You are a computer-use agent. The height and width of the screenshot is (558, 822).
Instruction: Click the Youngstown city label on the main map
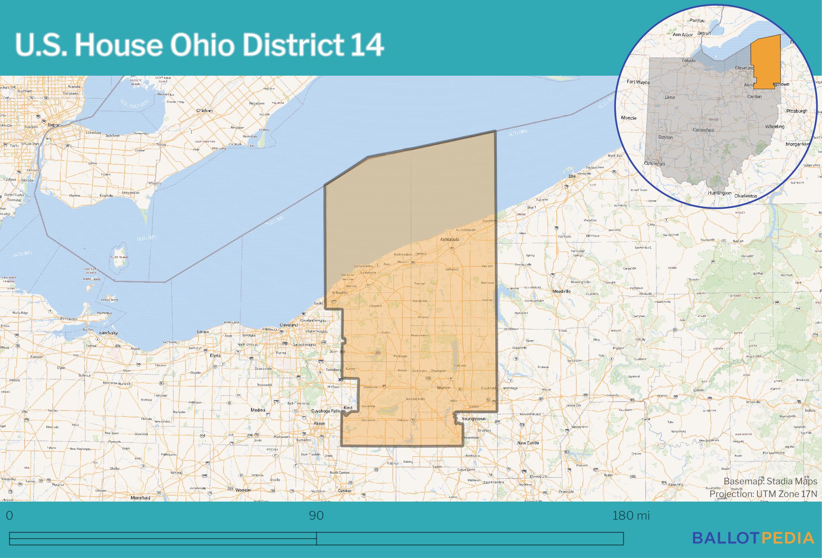[473, 418]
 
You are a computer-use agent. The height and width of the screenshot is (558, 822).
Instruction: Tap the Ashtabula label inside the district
[450, 239]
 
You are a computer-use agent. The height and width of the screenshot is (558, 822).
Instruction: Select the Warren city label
[443, 387]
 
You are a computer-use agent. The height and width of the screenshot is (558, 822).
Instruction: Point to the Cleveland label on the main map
[289, 325]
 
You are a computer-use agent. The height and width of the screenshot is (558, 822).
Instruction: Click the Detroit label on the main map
[54, 125]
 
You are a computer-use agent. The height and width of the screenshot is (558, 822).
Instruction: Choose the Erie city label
[572, 176]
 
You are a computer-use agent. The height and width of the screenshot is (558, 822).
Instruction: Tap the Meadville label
[561, 291]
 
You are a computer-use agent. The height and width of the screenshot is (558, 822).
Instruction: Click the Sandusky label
[109, 333]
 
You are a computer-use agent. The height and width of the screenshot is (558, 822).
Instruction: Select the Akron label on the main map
[319, 423]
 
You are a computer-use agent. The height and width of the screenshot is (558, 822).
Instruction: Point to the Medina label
[258, 410]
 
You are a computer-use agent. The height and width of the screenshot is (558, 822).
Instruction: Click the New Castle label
[528, 443]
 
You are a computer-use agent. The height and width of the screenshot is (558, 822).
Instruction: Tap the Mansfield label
[140, 498]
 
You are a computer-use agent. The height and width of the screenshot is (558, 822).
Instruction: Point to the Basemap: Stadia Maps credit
[770, 481]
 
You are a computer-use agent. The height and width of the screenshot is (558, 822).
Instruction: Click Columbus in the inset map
[703, 130]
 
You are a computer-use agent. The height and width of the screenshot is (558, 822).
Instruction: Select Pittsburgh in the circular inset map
[797, 111]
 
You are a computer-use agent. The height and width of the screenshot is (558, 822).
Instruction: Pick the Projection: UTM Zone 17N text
[763, 494]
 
